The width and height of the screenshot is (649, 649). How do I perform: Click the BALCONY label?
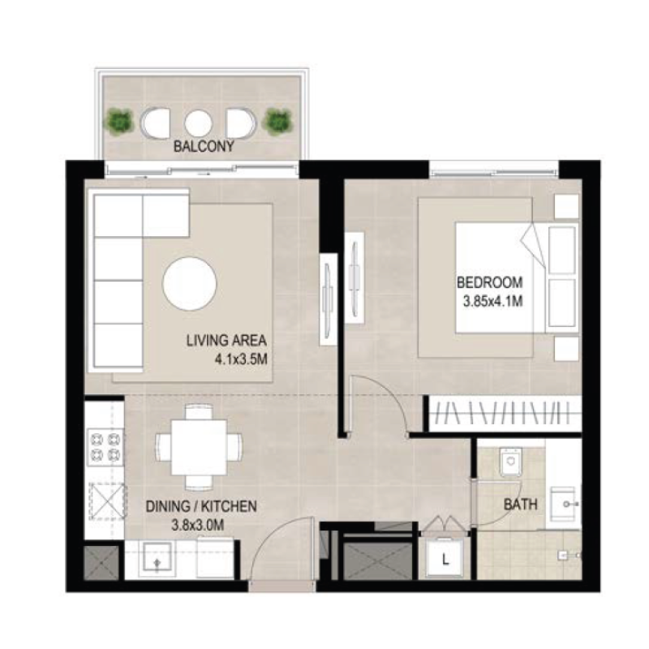[204, 148]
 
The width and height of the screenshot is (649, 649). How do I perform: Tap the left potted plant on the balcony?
[120, 122]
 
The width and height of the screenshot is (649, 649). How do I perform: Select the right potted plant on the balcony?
[277, 122]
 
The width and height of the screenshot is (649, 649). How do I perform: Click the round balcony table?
[198, 122]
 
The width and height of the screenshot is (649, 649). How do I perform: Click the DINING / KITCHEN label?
[202, 506]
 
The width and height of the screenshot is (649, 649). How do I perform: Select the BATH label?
[520, 505]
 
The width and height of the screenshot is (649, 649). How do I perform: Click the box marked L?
[445, 557]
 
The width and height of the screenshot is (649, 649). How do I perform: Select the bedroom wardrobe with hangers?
[504, 413]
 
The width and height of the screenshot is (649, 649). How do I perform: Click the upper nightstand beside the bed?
[565, 206]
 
